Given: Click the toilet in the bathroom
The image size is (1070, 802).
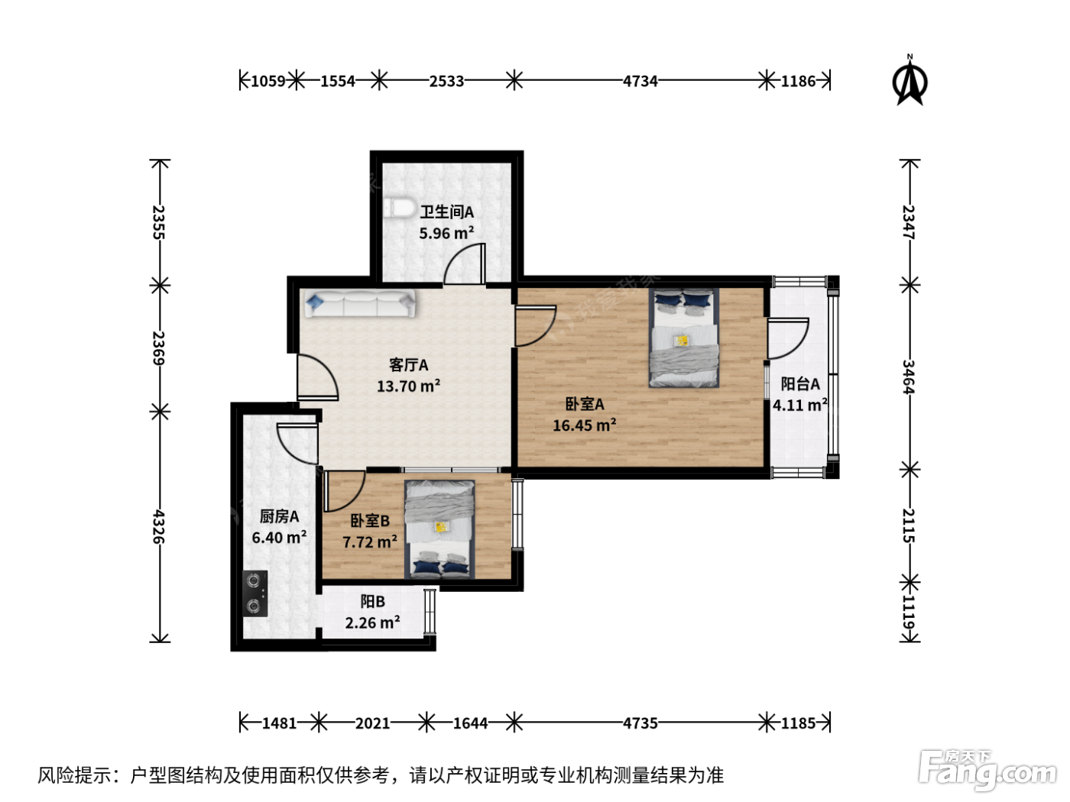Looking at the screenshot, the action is pyautogui.click(x=398, y=208).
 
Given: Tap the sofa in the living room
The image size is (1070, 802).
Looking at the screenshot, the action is pyautogui.click(x=360, y=303).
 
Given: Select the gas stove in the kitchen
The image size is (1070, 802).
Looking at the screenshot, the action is pyautogui.click(x=255, y=593).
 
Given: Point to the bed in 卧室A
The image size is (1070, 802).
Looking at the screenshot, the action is pyautogui.click(x=683, y=338).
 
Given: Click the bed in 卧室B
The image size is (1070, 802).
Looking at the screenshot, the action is pyautogui.click(x=439, y=529).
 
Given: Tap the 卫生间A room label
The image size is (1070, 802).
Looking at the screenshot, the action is pyautogui.click(x=446, y=212).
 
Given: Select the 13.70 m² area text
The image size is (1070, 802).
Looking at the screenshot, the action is pyautogui.click(x=408, y=386).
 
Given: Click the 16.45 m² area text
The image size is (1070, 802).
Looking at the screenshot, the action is pyautogui.click(x=584, y=425).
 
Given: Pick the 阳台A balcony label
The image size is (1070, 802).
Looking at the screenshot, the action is pyautogui.click(x=800, y=383).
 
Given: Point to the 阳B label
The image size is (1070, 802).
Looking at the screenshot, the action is pyautogui.click(x=372, y=602).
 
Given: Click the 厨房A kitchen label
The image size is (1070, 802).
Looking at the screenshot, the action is pyautogui.click(x=279, y=516).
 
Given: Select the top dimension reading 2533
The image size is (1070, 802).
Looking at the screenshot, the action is pyautogui.click(x=446, y=81).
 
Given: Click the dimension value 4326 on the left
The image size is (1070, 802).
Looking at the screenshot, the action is pyautogui.click(x=159, y=526).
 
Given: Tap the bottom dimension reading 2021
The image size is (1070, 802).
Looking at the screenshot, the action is pyautogui.click(x=372, y=723).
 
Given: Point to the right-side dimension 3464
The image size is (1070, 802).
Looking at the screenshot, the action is pyautogui.click(x=908, y=377).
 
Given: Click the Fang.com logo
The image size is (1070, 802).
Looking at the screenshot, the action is pyautogui.click(x=987, y=770).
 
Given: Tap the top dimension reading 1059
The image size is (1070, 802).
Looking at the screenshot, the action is pyautogui.click(x=267, y=81).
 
